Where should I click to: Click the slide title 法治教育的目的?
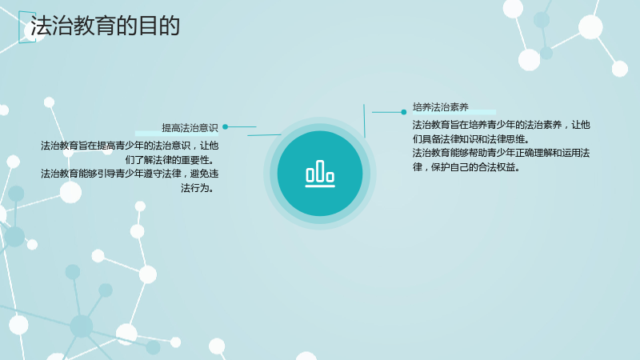[106, 26]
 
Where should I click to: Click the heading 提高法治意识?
[190, 128]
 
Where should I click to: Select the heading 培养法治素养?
[441, 107]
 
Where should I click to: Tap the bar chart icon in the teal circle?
[320, 174]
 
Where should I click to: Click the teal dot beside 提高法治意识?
[226, 127]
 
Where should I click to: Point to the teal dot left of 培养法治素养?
[404, 112]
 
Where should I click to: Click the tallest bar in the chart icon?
[320, 170]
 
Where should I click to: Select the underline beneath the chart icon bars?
[320, 186]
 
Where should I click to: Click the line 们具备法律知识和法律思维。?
[471, 138]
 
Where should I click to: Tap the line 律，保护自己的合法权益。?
[466, 167]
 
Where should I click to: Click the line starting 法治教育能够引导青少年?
[130, 174]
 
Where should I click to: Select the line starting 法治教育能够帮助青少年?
[501, 153]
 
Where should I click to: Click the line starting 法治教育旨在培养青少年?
[501, 125]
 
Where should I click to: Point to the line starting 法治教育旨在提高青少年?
[130, 146]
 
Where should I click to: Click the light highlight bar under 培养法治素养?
[454, 112]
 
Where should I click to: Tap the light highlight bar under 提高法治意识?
[177, 134]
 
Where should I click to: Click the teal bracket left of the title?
[19, 26]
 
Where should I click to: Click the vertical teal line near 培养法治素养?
[364, 121]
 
